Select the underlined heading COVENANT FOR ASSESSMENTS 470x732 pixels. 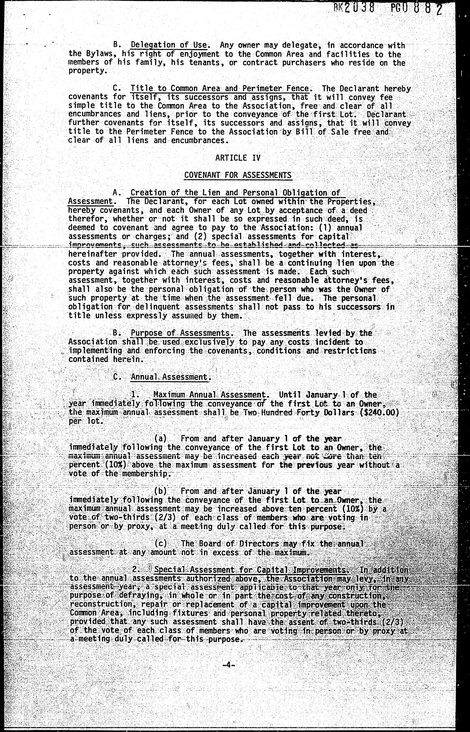[x=238, y=175]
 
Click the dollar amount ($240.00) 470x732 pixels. [x=379, y=413]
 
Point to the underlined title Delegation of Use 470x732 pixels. [x=169, y=45]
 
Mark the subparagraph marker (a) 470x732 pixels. [x=161, y=439]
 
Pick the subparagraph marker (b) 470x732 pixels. [x=161, y=491]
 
